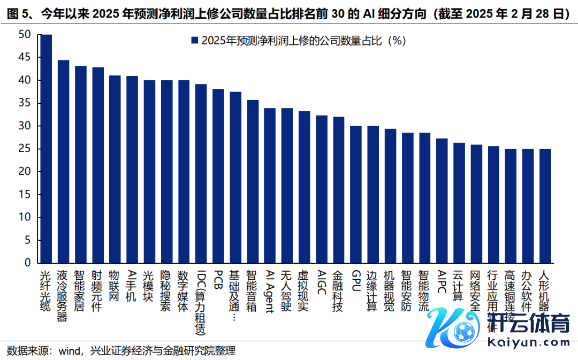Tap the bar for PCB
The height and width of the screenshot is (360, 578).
[218, 176]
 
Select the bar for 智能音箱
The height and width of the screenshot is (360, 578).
[253, 181]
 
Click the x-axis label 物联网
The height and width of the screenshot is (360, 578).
[115, 286]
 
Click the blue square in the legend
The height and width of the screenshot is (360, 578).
[195, 41]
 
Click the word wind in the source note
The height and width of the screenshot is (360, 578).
[69, 351]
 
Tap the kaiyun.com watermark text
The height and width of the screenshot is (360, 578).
[522, 343]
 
